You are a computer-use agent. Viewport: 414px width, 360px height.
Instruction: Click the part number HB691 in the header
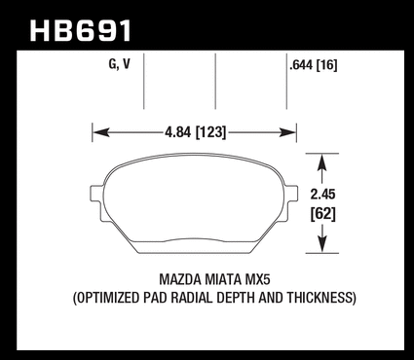tap(81, 31)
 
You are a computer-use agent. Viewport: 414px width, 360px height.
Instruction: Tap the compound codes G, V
tap(119, 64)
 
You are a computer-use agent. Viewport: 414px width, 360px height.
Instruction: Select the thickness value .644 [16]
tap(314, 66)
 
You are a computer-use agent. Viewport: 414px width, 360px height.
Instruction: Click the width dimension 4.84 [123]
tap(195, 132)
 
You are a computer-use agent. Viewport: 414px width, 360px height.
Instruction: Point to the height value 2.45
tap(322, 195)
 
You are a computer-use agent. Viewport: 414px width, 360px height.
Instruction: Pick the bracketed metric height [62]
tap(322, 214)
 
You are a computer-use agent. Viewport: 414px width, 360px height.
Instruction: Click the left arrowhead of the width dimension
tap(100, 132)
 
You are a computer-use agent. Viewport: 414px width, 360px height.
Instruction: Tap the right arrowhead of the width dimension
tap(288, 132)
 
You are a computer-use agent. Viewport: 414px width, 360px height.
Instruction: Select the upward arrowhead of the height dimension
tap(321, 162)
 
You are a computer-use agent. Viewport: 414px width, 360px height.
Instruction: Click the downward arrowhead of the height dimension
tap(321, 244)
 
